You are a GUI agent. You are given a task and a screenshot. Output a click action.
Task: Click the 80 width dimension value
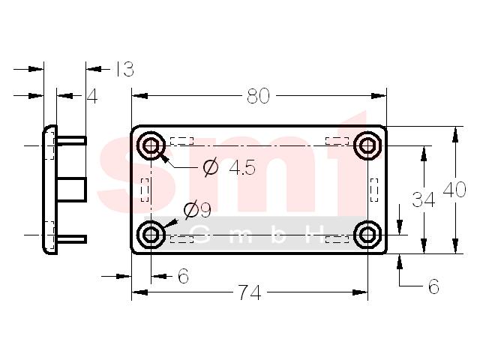click(x=258, y=96)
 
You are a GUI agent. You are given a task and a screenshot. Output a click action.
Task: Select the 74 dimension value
click(x=250, y=292)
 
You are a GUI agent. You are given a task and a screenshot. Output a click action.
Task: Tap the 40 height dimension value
click(x=454, y=190)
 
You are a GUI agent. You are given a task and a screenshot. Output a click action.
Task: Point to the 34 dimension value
click(x=423, y=199)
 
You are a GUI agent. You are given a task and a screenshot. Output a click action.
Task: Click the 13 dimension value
click(x=124, y=69)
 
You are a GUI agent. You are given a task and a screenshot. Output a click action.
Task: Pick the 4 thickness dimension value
click(x=92, y=97)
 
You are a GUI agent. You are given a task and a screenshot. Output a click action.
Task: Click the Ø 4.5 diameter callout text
click(x=229, y=167)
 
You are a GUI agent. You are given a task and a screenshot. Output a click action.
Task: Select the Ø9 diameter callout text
click(x=197, y=210)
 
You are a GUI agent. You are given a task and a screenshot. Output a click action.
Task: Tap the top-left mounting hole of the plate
click(x=151, y=145)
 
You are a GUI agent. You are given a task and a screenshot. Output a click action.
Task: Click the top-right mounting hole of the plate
click(x=367, y=145)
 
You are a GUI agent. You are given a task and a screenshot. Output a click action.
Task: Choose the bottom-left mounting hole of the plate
click(x=151, y=235)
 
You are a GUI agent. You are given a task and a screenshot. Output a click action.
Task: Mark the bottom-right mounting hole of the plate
click(x=367, y=235)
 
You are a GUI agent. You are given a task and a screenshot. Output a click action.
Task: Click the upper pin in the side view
click(x=71, y=141)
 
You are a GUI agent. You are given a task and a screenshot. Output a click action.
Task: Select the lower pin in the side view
click(x=71, y=239)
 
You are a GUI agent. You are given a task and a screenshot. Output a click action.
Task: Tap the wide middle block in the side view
click(x=71, y=189)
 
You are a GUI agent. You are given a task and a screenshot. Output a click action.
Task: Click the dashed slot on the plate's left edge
click(x=145, y=190)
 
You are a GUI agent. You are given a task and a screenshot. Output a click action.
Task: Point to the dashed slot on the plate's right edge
click(x=374, y=190)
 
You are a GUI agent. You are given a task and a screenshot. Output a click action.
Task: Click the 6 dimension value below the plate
click(x=183, y=276)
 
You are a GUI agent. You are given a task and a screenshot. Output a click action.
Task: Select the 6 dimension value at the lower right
click(x=433, y=286)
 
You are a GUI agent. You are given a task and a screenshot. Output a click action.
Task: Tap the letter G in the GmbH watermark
click(x=202, y=235)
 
